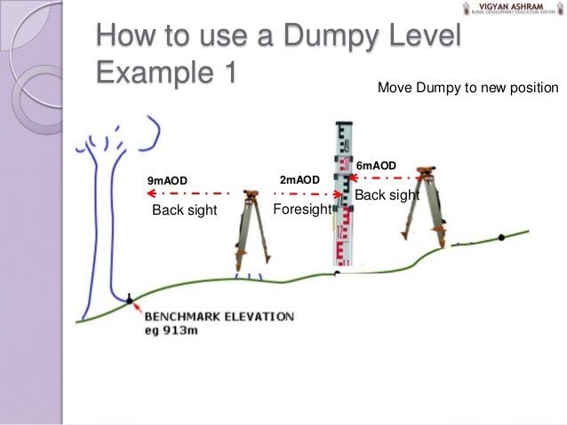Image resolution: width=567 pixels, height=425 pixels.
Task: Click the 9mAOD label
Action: coord(167,181)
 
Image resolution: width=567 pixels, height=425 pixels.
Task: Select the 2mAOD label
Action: coord(299,180)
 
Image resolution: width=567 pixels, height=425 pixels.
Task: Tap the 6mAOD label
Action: coord(376,166)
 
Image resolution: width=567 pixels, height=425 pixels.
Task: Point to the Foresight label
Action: coord(301,209)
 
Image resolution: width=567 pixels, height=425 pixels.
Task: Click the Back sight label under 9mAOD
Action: coord(184,210)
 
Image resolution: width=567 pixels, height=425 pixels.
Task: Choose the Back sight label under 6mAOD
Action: coord(387,194)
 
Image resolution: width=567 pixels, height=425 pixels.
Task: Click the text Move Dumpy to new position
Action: coord(467,88)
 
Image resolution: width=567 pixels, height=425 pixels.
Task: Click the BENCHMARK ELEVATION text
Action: coord(219,317)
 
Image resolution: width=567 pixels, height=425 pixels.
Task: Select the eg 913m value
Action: coord(175,331)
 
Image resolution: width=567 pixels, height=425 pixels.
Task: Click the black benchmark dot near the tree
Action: coord(130,301)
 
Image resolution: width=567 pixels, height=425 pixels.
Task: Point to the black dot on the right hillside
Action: coord(501,237)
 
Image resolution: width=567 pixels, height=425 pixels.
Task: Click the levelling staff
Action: coord(342,195)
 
